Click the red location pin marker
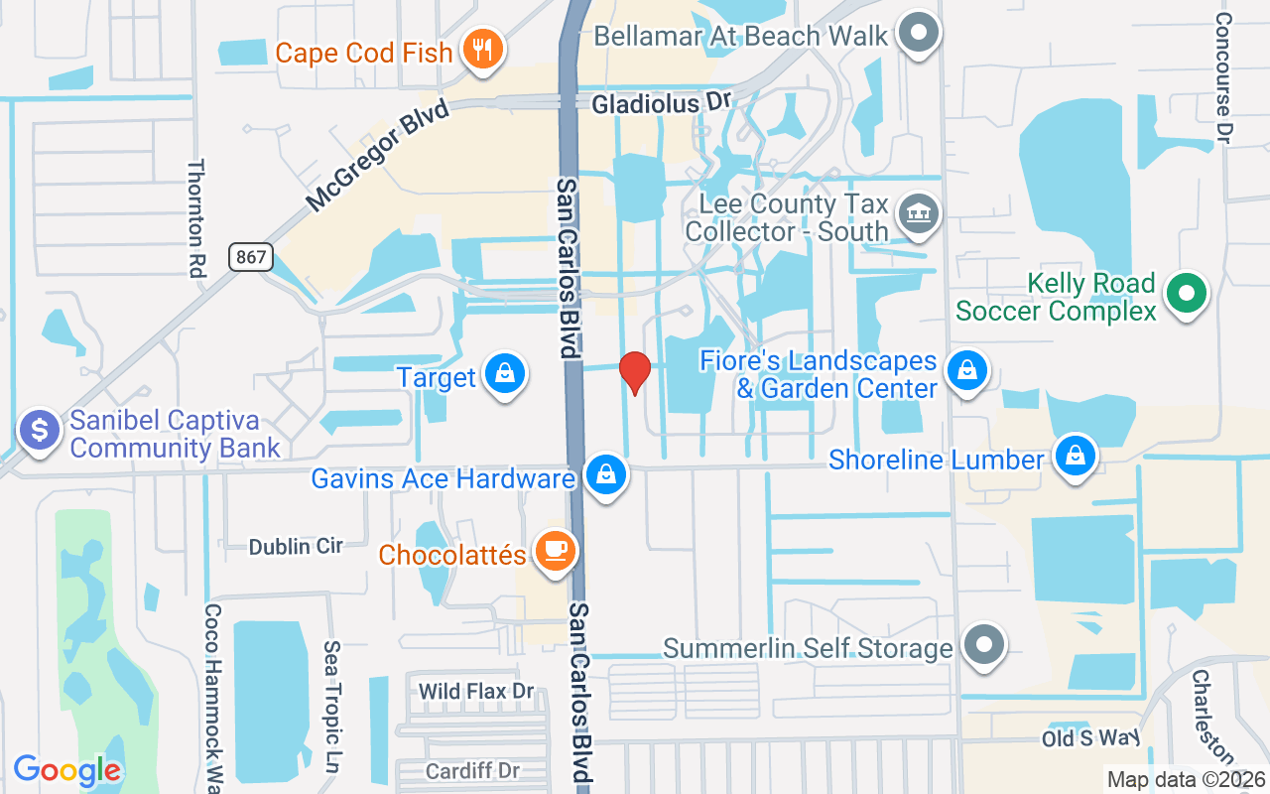pyautogui.click(x=634, y=372)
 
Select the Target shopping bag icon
pyautogui.click(x=505, y=374)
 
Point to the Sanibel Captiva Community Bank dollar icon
pyautogui.click(x=40, y=432)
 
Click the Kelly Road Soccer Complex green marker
pyautogui.click(x=1185, y=293)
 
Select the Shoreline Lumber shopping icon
pyautogui.click(x=1074, y=457)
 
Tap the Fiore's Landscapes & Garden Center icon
pyautogui.click(x=963, y=371)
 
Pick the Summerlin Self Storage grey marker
pyautogui.click(x=984, y=645)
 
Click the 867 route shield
pyautogui.click(x=251, y=257)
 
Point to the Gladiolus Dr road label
pyautogui.click(x=661, y=102)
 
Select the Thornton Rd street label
pyautogui.click(x=194, y=216)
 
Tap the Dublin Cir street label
pyautogui.click(x=296, y=546)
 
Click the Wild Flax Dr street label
pyautogui.click(x=476, y=691)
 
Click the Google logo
pyautogui.click(x=66, y=770)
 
